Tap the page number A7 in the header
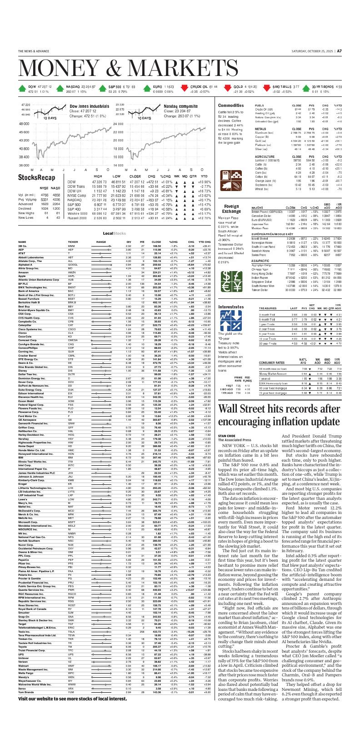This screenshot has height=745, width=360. [339, 51]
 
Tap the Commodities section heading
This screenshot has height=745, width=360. [231, 105]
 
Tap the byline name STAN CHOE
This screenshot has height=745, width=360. [227, 436]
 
